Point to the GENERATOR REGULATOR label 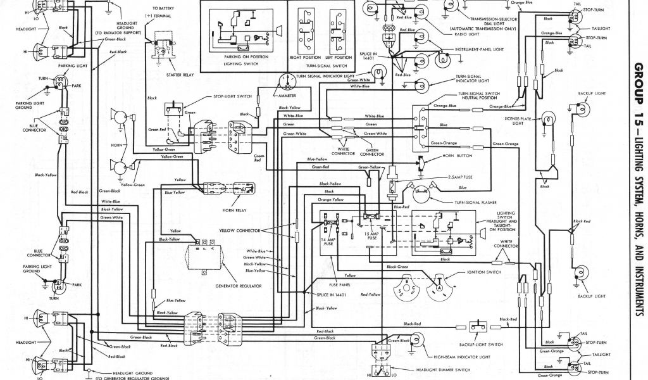206,277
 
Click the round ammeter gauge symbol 286,82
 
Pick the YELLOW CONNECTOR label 240,231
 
